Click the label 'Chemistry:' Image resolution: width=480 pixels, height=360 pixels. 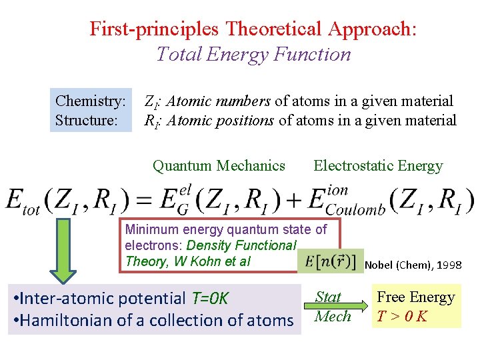91,101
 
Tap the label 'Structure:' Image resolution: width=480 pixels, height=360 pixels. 87,121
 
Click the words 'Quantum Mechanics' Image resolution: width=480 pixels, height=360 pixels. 219,166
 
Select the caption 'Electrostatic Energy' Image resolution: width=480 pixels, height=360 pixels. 378,166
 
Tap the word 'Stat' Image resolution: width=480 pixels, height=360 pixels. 328,297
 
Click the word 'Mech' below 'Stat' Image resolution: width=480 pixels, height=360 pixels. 333,315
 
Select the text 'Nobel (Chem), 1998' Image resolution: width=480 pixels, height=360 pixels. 413,265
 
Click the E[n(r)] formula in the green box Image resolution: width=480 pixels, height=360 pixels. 331,261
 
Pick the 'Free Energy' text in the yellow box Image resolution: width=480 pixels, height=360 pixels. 416,297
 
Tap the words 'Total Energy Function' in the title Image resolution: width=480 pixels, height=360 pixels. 253,53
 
